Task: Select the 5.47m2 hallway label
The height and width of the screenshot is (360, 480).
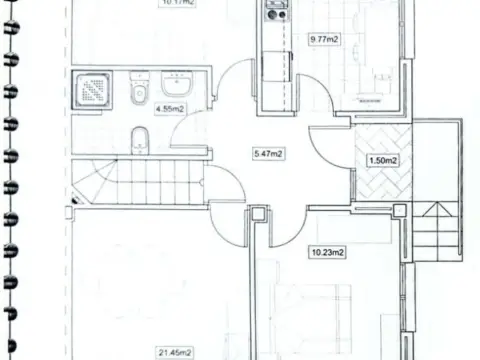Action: pos(268,153)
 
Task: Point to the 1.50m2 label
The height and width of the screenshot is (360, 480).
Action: pos(383,160)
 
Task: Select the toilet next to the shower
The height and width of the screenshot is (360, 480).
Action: pos(137,93)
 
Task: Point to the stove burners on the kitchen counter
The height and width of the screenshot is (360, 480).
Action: pos(275,13)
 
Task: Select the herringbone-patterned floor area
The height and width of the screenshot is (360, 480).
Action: pos(383,160)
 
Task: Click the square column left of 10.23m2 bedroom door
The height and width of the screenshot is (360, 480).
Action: pos(257,214)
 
